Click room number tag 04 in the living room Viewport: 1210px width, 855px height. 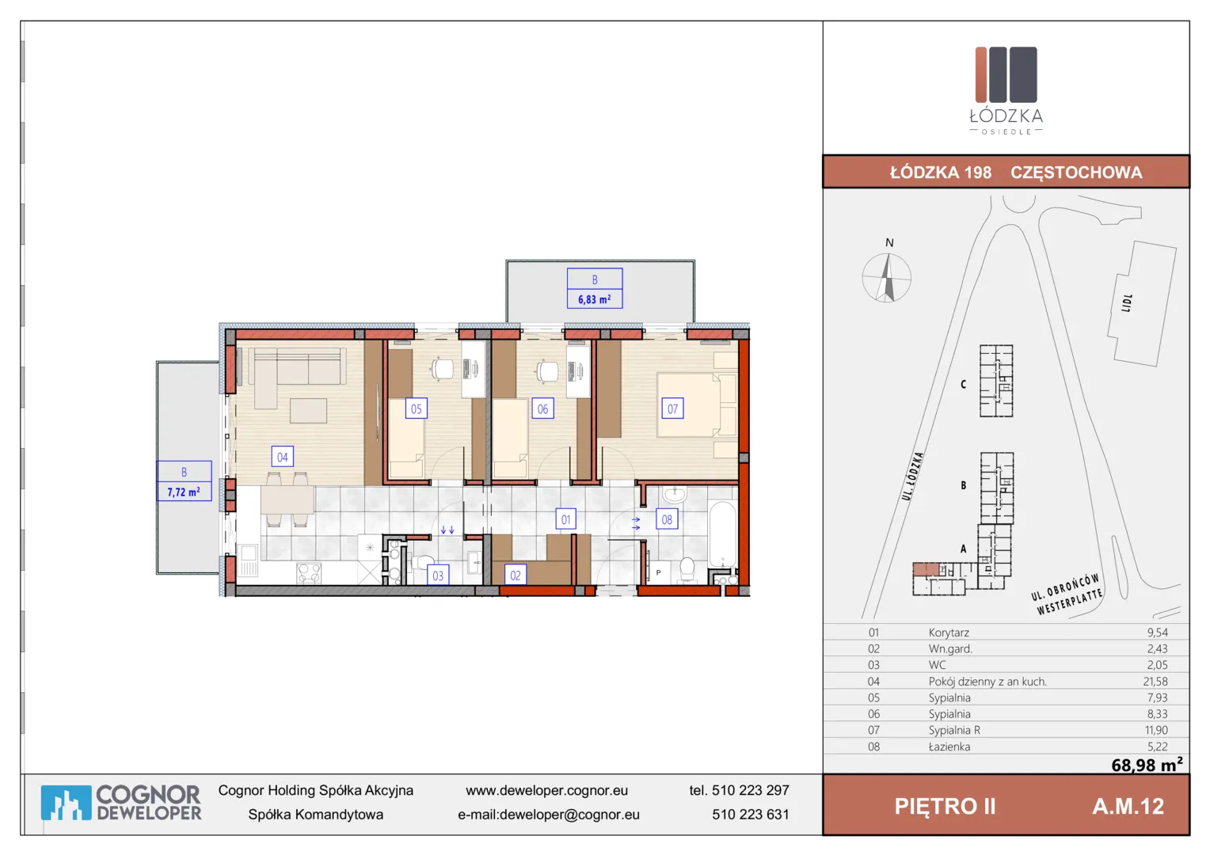tap(282, 457)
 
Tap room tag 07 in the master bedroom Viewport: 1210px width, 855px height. tap(672, 408)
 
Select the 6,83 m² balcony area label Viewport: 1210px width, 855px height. tap(594, 299)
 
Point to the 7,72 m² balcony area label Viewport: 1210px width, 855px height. tap(184, 492)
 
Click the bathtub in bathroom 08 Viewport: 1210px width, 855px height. tap(723, 534)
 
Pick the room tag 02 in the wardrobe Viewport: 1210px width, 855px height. tap(516, 576)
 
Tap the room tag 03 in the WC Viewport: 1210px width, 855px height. tap(438, 576)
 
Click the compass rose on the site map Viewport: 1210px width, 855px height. tap(886, 278)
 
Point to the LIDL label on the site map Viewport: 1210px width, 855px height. tap(1126, 303)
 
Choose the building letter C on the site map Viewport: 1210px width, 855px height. tap(963, 385)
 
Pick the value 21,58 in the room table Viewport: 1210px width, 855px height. tap(1155, 682)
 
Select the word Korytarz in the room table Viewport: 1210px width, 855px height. tap(949, 633)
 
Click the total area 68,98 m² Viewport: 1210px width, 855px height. tap(1147, 765)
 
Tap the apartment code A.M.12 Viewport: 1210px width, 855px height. tap(1128, 807)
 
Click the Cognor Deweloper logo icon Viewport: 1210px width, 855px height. tap(66, 804)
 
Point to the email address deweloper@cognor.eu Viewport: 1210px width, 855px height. tap(569, 815)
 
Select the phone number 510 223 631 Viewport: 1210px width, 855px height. tap(750, 815)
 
